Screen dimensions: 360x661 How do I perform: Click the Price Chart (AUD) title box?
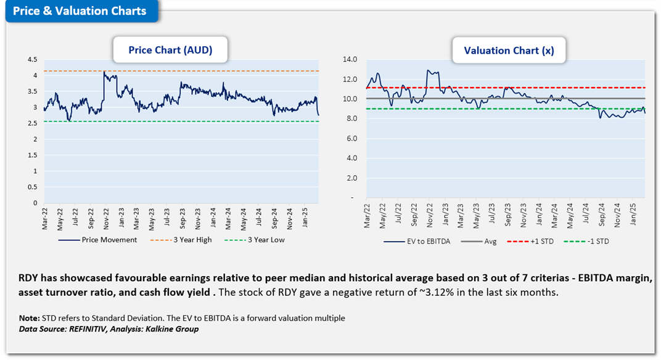point(170,50)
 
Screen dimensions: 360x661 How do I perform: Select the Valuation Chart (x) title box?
point(509,51)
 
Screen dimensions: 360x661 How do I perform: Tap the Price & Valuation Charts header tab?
point(80,11)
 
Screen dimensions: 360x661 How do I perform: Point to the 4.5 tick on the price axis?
point(32,60)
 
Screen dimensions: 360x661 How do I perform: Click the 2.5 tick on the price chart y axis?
point(32,123)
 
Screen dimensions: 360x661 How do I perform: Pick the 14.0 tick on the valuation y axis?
point(350,60)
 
